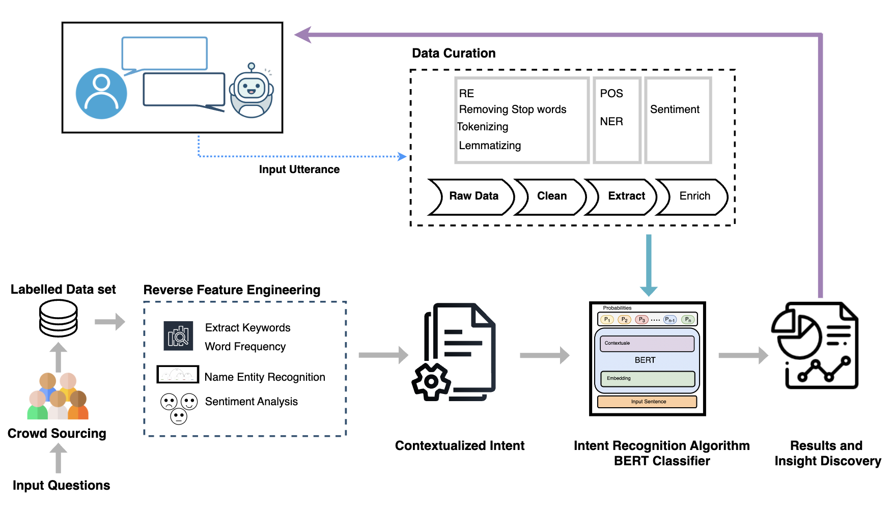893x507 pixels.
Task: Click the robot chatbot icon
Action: click(252, 92)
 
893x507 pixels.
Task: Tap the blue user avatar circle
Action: click(101, 94)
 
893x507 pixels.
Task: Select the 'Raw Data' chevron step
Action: click(473, 196)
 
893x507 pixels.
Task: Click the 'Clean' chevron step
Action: click(551, 196)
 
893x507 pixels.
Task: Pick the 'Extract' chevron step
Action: click(626, 196)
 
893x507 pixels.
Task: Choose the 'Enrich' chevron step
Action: click(694, 196)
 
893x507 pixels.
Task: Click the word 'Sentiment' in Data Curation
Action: click(675, 109)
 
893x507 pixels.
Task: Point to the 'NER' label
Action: click(611, 122)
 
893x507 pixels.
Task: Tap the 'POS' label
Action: click(611, 94)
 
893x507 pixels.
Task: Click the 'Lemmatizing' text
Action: click(490, 146)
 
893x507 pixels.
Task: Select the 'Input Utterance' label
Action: click(299, 170)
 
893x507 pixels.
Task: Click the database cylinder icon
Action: click(59, 318)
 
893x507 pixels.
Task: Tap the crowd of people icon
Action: click(58, 396)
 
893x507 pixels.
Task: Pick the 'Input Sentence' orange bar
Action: click(648, 402)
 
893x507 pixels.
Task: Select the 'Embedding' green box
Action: click(648, 379)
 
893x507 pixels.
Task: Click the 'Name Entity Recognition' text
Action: click(265, 377)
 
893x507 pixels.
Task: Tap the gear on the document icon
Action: click(431, 381)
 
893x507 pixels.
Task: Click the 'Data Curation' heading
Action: click(454, 53)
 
